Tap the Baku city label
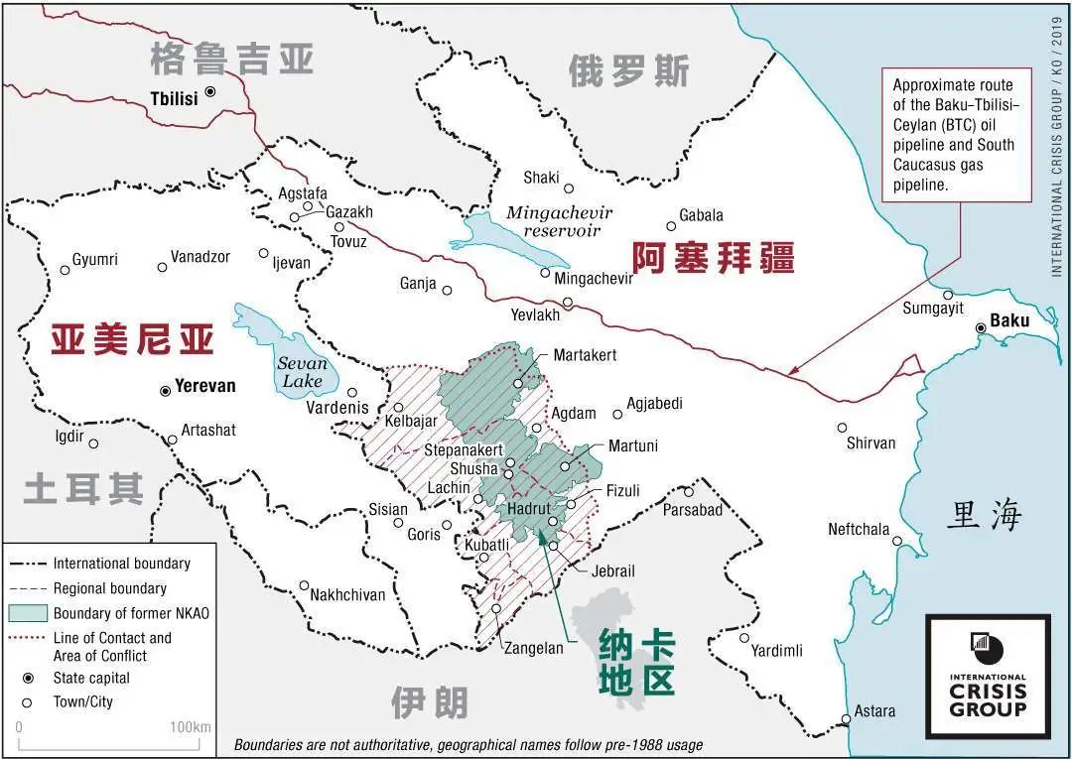coord(1009,321)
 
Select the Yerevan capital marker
coord(165,391)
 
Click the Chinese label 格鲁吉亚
coord(232,59)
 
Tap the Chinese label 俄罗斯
coord(628,71)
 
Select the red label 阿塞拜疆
coord(714,258)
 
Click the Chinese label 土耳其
coord(84,489)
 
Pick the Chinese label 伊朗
coord(428,702)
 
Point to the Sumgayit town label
coord(932,309)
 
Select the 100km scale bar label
coord(190,727)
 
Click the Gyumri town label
coord(94,260)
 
